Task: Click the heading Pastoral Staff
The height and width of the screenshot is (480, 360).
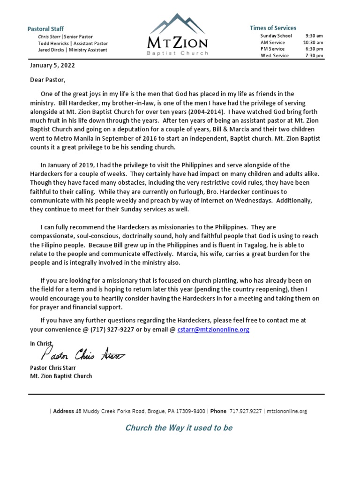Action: coord(46,29)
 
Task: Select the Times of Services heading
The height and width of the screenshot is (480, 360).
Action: coord(273,28)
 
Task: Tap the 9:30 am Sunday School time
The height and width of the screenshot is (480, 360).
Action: coord(314,36)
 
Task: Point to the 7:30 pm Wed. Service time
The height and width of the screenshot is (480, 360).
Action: coord(314,55)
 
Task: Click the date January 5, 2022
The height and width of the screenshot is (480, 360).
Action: coord(52,66)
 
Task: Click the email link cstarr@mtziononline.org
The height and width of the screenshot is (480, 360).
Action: coord(213,330)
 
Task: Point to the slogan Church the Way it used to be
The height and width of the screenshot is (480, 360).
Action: coord(179,427)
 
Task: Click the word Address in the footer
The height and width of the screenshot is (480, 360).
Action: coord(63,411)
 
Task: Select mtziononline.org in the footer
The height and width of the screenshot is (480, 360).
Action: coord(286,411)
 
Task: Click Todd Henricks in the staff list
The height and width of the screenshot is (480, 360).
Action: coord(53,43)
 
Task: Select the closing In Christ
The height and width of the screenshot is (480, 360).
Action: coord(40,344)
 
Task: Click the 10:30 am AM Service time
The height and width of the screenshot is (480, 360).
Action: coord(313,42)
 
